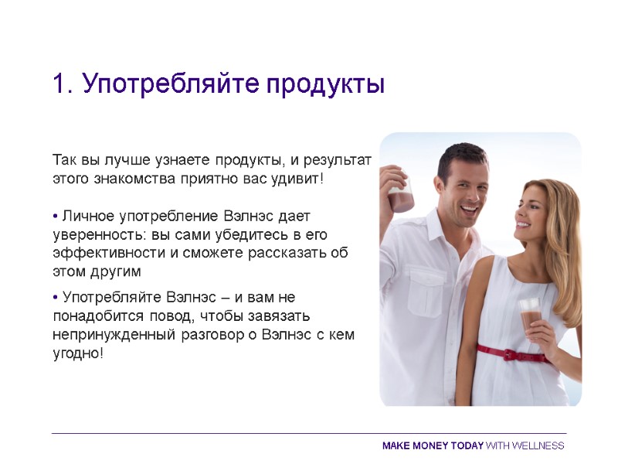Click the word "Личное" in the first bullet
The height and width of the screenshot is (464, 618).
[87, 216]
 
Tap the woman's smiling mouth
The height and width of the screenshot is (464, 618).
[524, 225]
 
